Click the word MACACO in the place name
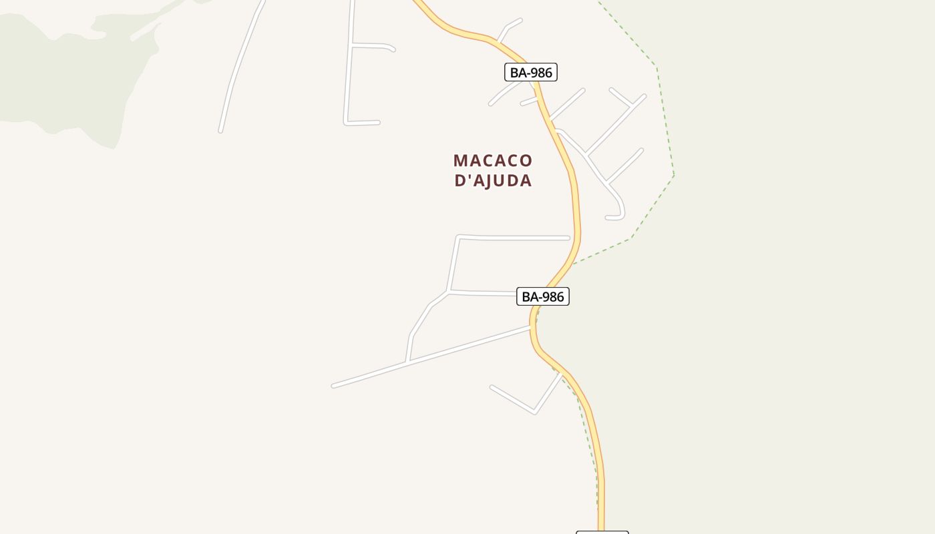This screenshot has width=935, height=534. coord(493,161)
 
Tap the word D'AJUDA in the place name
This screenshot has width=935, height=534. coord(493,180)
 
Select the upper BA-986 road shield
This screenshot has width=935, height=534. coord(530,72)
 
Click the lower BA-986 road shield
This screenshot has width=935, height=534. coord(542,296)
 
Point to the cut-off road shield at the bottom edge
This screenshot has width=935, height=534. coord(602,531)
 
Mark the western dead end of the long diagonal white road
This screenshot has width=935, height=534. coord(334,386)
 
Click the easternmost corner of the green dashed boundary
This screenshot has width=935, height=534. coord(674,175)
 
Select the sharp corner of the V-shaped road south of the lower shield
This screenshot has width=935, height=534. coord(534,412)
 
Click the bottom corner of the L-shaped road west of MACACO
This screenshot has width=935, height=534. coord(346,123)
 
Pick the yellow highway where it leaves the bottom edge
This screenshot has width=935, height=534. coord(601,521)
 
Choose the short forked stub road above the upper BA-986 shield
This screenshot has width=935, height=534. coord(507,28)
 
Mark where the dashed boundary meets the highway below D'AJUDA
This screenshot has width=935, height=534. coord(573,264)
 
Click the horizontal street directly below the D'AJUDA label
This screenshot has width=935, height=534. coord(514,238)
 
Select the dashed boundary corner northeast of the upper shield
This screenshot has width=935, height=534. coord(657,67)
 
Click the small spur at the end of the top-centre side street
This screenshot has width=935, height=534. coord(391,48)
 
